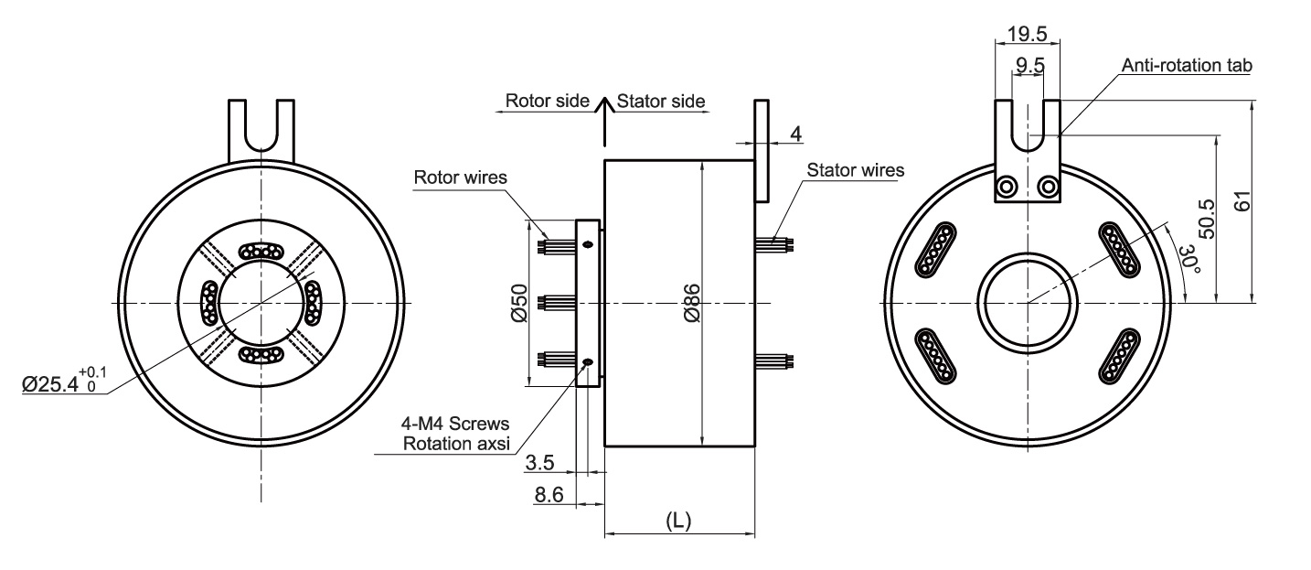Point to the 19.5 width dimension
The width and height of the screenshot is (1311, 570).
1027,34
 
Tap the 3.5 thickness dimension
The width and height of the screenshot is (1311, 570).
540,464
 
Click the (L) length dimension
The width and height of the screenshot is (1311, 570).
678,521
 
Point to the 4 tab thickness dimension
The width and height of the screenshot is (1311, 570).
795,134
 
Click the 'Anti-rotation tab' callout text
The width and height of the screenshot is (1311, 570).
1186,66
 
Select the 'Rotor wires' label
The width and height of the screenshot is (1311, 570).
459,177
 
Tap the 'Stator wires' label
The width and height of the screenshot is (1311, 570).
856,170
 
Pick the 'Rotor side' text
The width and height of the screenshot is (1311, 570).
547,101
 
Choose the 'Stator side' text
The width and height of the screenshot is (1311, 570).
661,101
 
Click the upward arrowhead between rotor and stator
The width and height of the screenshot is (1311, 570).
604,102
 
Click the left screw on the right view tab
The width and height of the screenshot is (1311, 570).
1007,188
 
